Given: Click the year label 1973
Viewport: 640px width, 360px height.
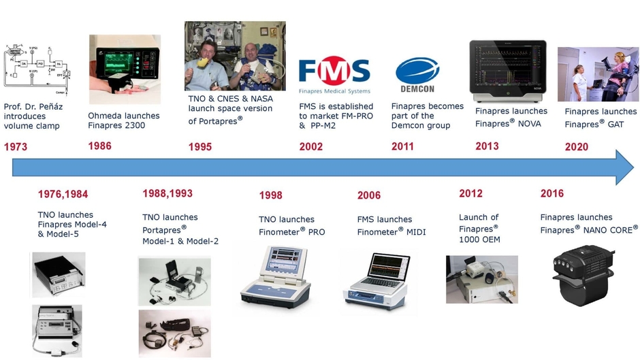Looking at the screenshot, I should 16,146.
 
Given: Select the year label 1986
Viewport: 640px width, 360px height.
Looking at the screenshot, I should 99,146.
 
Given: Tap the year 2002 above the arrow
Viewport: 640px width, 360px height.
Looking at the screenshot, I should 311,146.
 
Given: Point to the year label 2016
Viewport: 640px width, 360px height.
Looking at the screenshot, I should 552,194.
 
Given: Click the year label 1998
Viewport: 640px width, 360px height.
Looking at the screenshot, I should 270,196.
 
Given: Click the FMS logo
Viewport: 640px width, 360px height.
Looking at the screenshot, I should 334,71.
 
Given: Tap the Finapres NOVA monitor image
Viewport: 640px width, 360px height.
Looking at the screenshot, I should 507,70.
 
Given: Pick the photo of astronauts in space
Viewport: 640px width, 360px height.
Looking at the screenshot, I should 235,56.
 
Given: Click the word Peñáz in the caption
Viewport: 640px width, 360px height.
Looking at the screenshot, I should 57,107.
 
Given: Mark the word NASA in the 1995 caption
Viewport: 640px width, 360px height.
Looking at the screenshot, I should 259,98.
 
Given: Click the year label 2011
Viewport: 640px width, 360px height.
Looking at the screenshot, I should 402,146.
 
